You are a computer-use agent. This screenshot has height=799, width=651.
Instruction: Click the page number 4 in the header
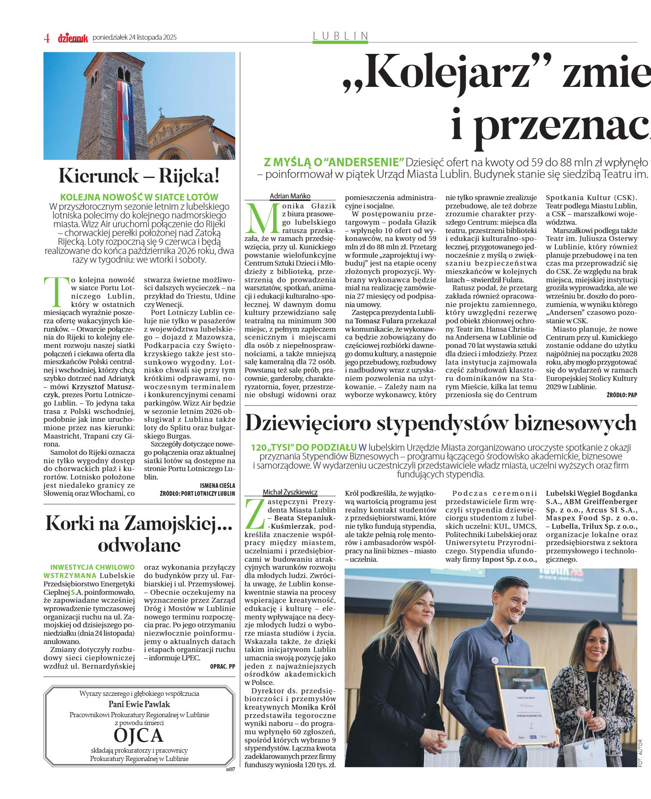tap(47, 38)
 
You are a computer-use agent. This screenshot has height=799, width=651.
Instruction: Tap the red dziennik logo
tap(73, 38)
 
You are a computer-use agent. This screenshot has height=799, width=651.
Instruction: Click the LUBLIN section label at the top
tap(341, 36)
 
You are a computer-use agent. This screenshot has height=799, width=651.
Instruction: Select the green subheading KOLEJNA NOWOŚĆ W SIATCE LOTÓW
tap(139, 197)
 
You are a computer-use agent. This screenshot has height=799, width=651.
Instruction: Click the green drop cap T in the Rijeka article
tap(55, 291)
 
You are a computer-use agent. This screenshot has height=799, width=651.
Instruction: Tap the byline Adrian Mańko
tap(290, 196)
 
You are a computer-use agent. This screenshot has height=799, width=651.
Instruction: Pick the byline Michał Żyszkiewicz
tap(290, 492)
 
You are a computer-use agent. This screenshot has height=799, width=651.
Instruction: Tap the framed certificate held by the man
tap(526, 705)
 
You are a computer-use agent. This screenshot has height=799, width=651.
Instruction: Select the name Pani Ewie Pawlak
tap(139, 704)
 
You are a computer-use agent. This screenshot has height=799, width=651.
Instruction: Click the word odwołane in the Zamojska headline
tap(139, 545)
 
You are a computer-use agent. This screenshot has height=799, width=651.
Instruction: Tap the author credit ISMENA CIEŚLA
tap(217, 485)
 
